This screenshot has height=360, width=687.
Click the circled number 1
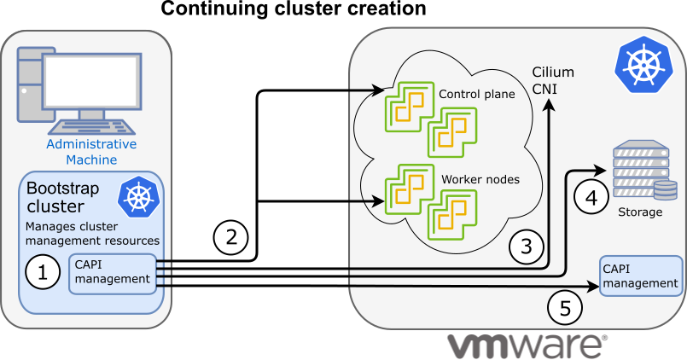pyautogui.click(x=43, y=273)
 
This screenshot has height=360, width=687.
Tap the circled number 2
pyautogui.click(x=230, y=236)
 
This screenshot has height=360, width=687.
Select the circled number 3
pyautogui.click(x=527, y=247)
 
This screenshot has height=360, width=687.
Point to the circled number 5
pyautogui.click(x=564, y=307)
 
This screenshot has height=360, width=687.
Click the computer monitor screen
pyautogui.click(x=93, y=82)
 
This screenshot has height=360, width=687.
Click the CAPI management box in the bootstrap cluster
pyautogui.click(x=113, y=272)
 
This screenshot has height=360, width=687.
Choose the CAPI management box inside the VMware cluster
pyautogui.click(x=640, y=276)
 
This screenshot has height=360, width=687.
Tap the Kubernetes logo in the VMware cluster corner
pyautogui.click(x=643, y=66)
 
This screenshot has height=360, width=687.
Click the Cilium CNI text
pyautogui.click(x=553, y=80)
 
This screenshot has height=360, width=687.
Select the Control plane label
pyautogui.click(x=476, y=94)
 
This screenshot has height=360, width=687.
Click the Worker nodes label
pyautogui.click(x=480, y=181)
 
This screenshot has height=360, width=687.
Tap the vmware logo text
pyautogui.click(x=527, y=345)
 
